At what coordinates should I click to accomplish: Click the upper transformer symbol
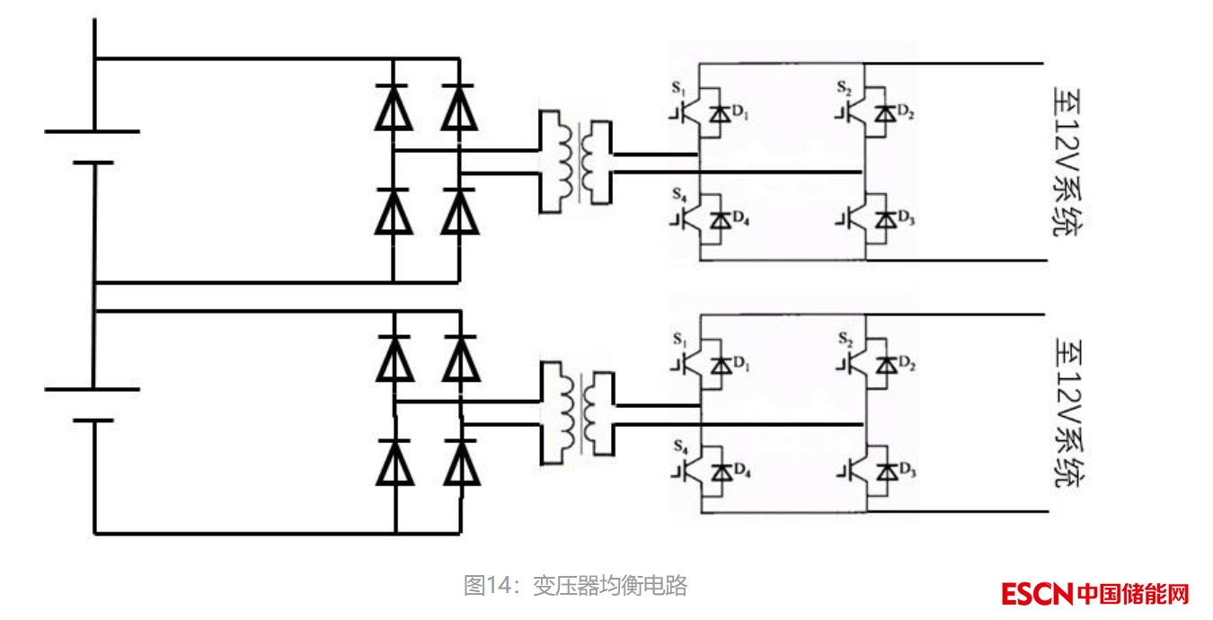575,162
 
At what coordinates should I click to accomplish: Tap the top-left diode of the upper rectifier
393,107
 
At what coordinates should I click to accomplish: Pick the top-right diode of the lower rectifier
461,358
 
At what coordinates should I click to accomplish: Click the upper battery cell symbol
93,146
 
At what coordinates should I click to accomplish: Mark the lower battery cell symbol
93,404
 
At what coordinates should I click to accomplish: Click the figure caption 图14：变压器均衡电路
575,586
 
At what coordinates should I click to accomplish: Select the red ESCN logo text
1038,594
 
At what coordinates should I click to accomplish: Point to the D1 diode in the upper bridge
720,114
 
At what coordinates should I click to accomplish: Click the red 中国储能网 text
1133,594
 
